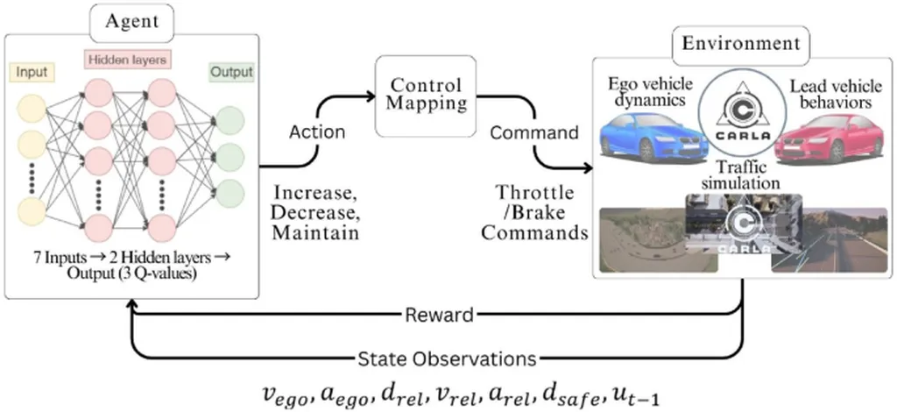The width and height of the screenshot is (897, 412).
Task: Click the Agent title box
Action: (131, 19)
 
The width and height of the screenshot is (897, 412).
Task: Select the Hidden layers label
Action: (127, 60)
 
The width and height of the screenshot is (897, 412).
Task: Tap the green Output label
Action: (231, 72)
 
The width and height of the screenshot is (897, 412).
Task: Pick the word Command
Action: (534, 134)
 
